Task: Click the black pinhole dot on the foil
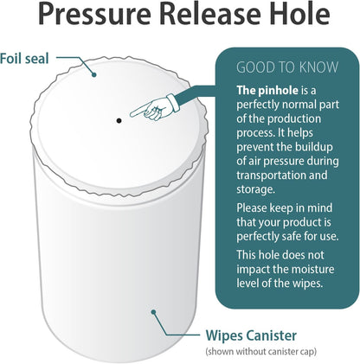[119, 120]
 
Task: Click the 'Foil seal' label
[24, 59]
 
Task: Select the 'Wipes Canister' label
[251, 335]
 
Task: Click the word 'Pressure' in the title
[94, 14]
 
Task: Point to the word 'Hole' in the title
[299, 14]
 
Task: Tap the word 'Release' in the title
[209, 14]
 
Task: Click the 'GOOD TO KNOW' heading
[287, 67]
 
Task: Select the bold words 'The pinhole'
[267, 91]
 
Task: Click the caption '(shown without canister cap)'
[261, 352]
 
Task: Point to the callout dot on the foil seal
[93, 75]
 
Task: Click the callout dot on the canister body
[153, 312]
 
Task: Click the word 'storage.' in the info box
[255, 189]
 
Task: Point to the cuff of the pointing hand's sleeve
[174, 103]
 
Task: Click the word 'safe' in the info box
[289, 236]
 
